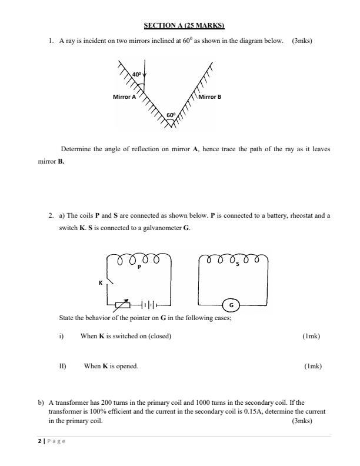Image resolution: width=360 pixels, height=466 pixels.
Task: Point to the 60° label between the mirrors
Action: pyautogui.click(x=171, y=115)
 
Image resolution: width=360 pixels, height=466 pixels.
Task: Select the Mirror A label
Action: pyautogui.click(x=124, y=97)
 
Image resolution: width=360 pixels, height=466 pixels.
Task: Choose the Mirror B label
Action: pyautogui.click(x=210, y=97)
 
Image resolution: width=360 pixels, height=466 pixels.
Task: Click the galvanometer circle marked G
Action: pyautogui.click(x=231, y=305)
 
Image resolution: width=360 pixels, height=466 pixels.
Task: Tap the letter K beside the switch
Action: pyautogui.click(x=101, y=283)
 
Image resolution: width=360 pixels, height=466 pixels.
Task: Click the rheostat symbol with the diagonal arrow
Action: pyautogui.click(x=122, y=304)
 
